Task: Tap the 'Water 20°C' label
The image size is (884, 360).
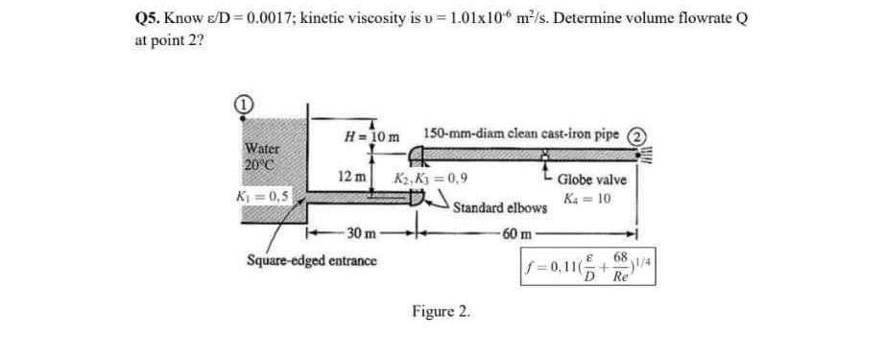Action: tap(261, 156)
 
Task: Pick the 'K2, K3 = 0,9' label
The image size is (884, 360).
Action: tap(432, 179)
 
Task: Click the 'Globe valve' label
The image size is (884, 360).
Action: tap(591, 180)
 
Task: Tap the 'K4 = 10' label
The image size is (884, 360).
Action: tap(590, 200)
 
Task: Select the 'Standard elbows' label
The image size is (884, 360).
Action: tap(499, 207)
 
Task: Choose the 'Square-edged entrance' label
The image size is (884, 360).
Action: tap(312, 260)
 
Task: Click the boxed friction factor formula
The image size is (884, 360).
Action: tap(588, 262)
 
